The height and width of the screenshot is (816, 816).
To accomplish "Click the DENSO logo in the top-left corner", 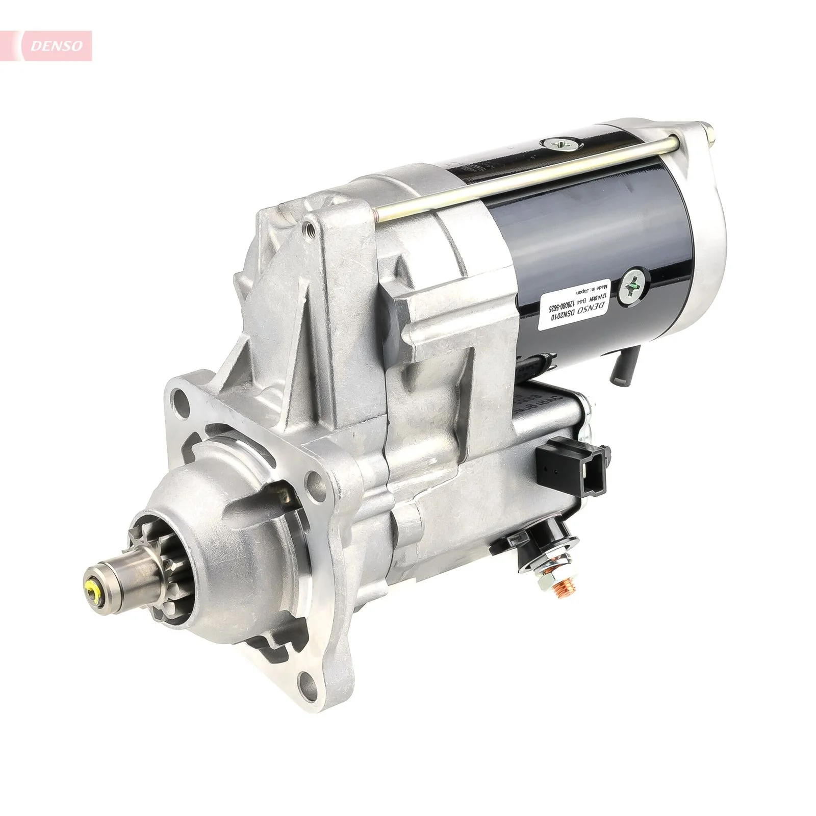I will click(x=56, y=46).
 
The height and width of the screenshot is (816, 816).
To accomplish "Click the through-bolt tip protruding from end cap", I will click(x=708, y=130).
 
